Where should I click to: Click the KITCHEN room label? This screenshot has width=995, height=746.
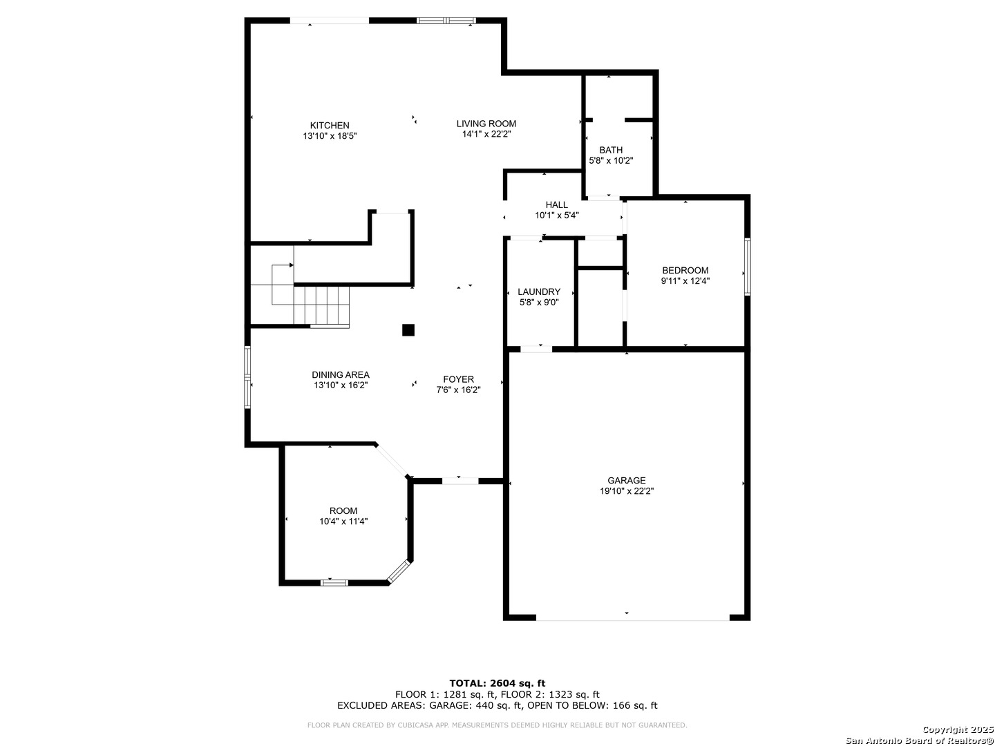(330, 126)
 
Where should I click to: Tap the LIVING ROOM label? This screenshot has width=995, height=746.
(486, 124)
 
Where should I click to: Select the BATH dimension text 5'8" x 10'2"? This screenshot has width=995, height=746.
(611, 160)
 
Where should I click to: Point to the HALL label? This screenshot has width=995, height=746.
(557, 204)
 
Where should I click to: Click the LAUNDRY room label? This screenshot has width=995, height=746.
(539, 291)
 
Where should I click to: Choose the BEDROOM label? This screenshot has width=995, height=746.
(685, 270)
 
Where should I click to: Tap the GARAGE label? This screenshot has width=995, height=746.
(627, 480)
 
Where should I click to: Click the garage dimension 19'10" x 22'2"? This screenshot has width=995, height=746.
(627, 491)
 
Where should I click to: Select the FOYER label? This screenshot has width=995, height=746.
(459, 379)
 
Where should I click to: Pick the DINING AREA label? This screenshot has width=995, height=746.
(341, 374)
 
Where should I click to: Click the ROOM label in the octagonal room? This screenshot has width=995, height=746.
(343, 510)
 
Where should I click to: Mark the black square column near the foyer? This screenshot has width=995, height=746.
(408, 330)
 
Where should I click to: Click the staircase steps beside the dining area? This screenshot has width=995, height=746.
(321, 305)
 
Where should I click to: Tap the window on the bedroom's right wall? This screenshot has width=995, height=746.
(747, 267)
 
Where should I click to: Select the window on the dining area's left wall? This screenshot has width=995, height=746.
(247, 378)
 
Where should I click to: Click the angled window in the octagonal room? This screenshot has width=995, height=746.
(399, 571)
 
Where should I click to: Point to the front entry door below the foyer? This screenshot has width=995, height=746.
(460, 481)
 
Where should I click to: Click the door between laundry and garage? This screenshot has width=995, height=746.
(536, 349)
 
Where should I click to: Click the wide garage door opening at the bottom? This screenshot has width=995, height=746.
(632, 618)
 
